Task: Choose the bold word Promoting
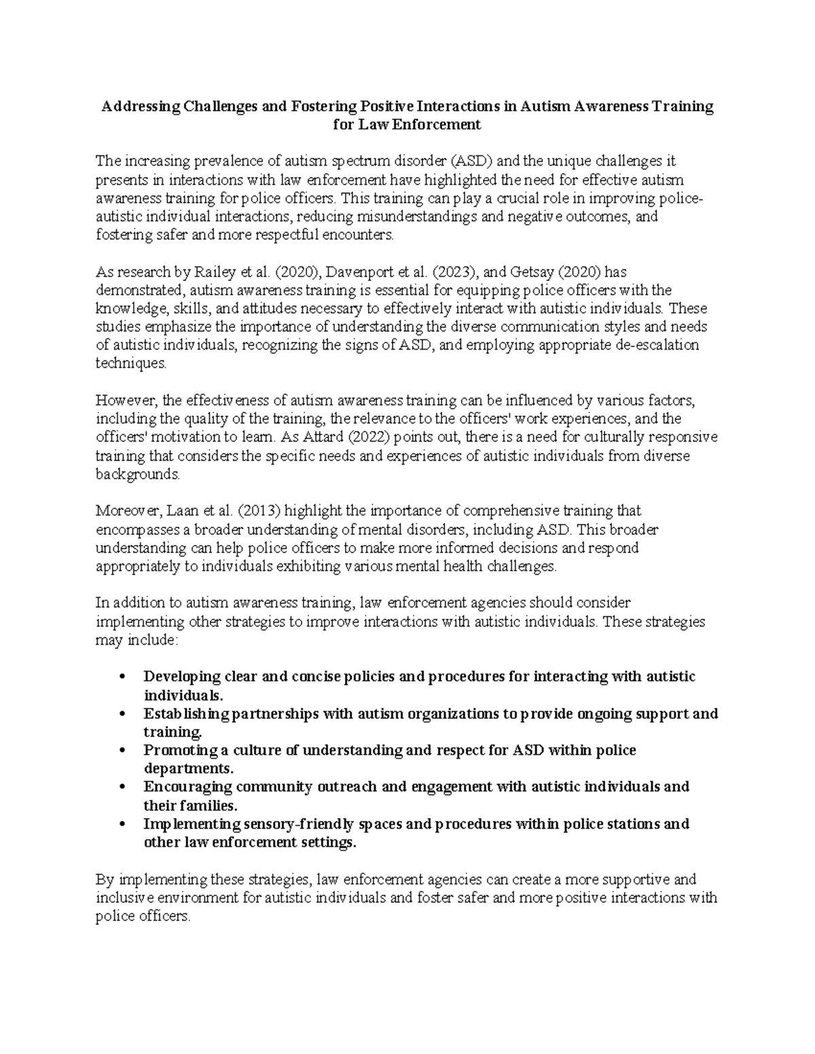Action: [176, 751]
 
